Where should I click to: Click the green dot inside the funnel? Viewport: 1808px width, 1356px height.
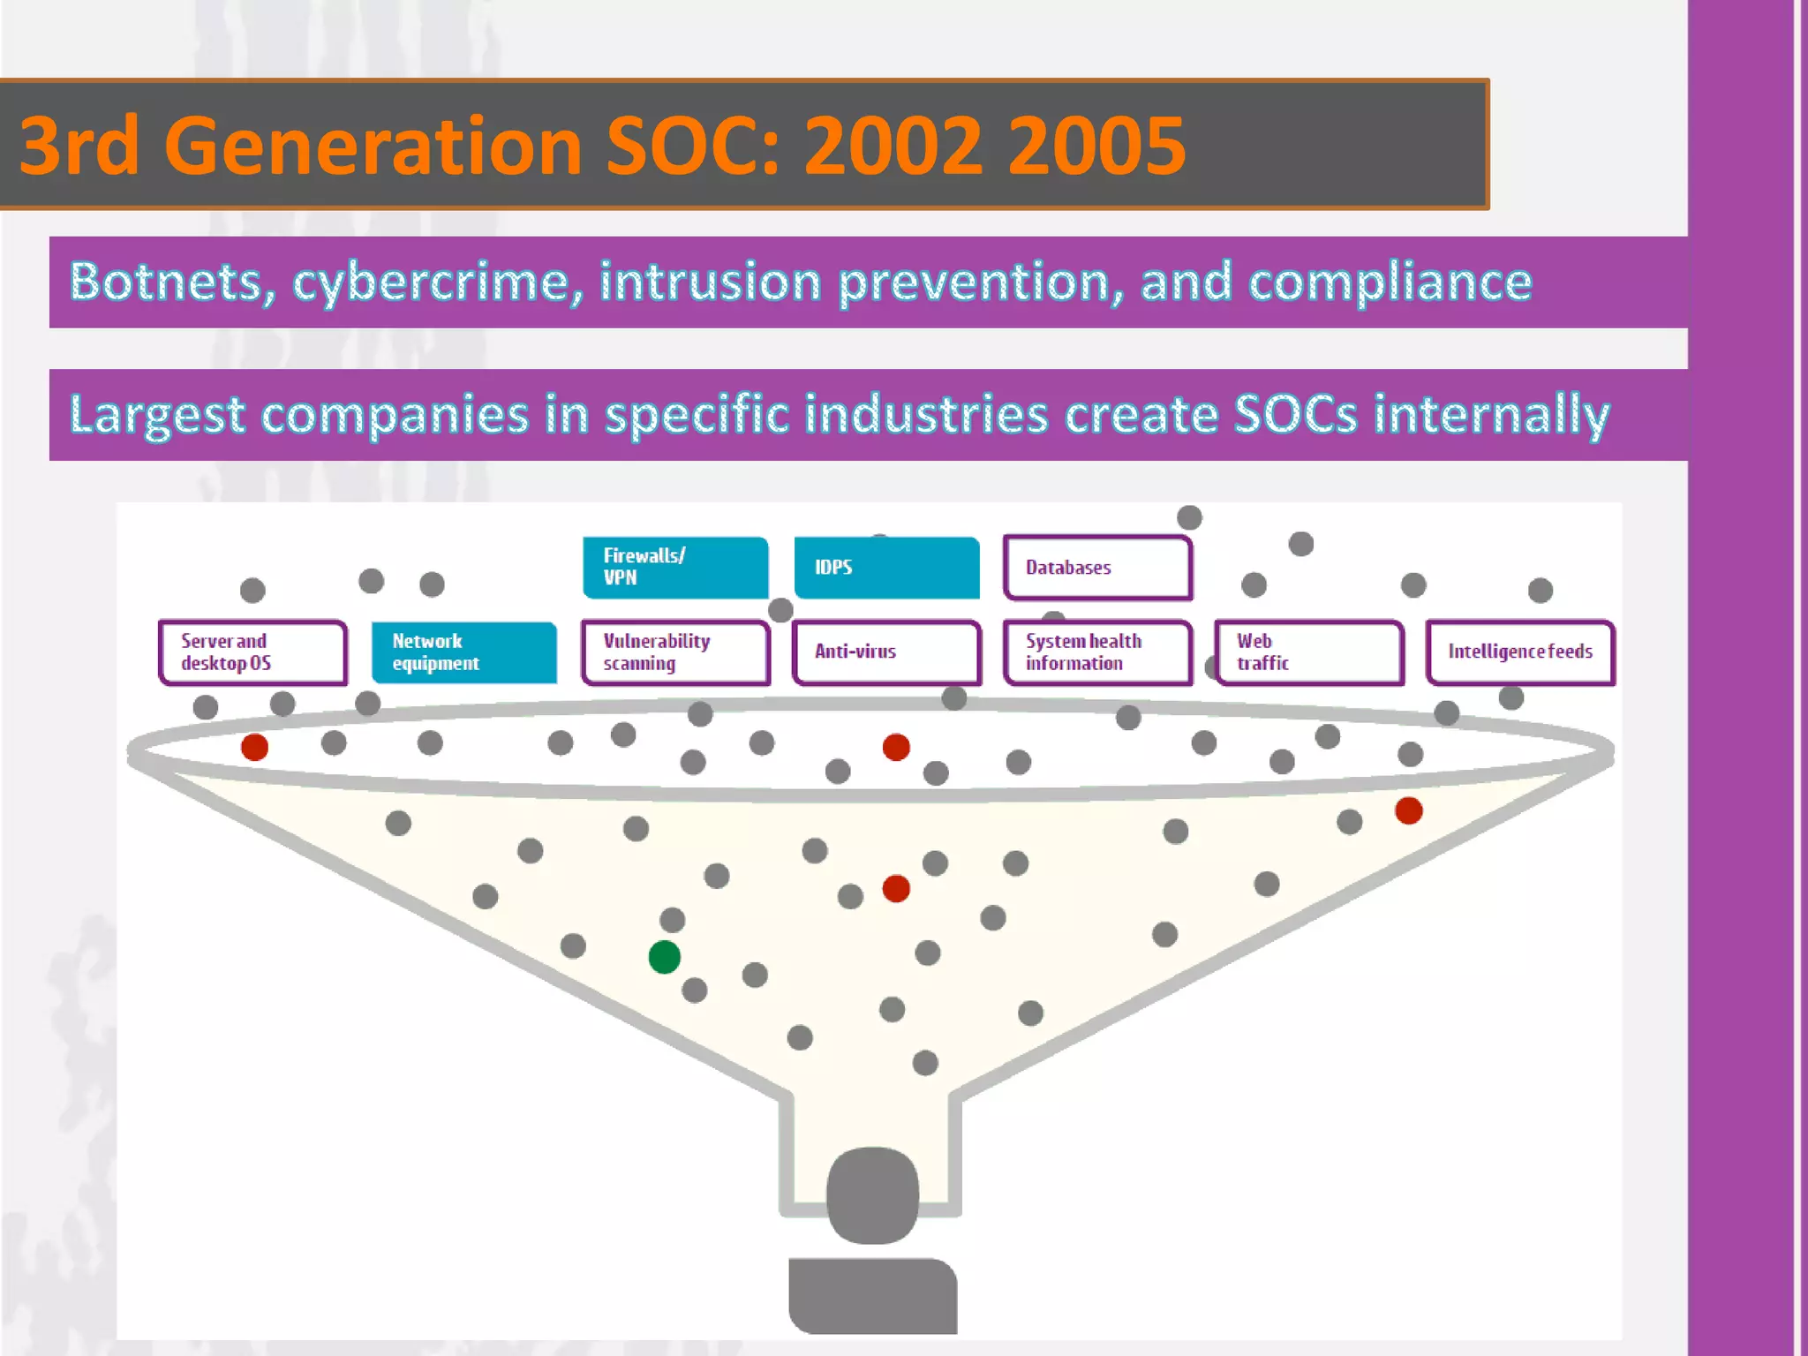664,957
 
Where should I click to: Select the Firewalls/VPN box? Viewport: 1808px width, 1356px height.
675,567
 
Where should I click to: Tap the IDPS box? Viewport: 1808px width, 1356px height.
886,567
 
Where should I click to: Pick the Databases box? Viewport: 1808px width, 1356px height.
1097,567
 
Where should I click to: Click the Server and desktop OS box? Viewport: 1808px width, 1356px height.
252,652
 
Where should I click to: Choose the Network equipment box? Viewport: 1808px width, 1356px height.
464,652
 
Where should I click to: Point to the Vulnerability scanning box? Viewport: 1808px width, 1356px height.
675,652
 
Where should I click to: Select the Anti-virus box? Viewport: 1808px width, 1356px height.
886,652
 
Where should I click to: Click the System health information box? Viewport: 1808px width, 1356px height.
1097,652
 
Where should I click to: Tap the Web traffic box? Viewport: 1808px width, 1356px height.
1309,652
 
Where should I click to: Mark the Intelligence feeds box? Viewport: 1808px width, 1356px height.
1520,652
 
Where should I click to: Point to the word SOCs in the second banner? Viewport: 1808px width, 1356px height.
1295,415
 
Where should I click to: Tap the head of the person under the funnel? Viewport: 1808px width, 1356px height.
872,1194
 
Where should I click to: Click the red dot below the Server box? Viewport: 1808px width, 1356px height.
254,748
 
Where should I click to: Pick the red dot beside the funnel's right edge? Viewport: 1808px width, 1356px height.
1409,810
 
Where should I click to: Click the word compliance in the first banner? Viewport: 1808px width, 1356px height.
1390,282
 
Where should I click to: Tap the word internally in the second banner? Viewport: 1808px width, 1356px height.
1492,415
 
